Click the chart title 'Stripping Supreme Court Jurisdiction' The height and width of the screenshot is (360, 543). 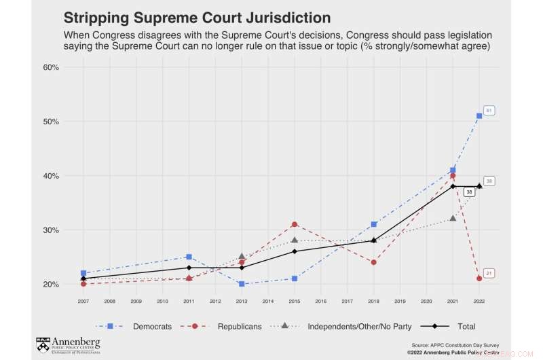coord(197,17)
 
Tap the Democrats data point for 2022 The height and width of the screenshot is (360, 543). coord(479,115)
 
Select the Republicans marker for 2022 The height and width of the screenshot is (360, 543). coord(479,278)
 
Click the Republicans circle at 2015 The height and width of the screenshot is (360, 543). coord(295,224)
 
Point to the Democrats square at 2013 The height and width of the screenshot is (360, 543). coord(242,284)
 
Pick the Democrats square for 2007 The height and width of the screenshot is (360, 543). coord(83,273)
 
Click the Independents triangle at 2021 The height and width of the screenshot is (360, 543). coord(453,218)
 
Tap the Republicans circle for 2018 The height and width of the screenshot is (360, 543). coord(373,262)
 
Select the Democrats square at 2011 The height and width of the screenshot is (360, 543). coord(189,257)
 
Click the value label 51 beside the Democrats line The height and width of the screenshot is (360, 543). coord(489,110)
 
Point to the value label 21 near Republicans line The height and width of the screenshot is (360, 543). coord(489,273)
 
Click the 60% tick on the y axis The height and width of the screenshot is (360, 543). coord(51,67)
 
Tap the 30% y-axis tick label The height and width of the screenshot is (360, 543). coord(51,230)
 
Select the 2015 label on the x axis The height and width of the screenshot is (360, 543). coord(295,300)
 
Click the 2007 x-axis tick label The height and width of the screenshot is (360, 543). coord(83,300)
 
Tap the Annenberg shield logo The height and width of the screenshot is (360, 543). coord(43,344)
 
